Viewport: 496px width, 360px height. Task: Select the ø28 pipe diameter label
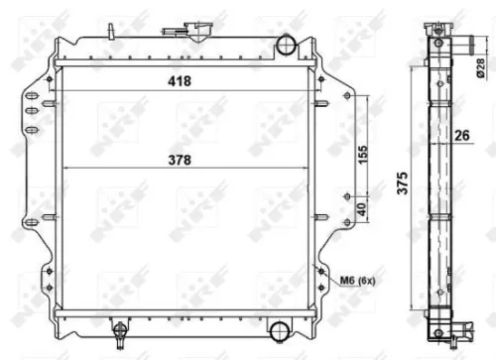(x=479, y=67)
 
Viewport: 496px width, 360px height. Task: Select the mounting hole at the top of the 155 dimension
(x=345, y=95)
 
